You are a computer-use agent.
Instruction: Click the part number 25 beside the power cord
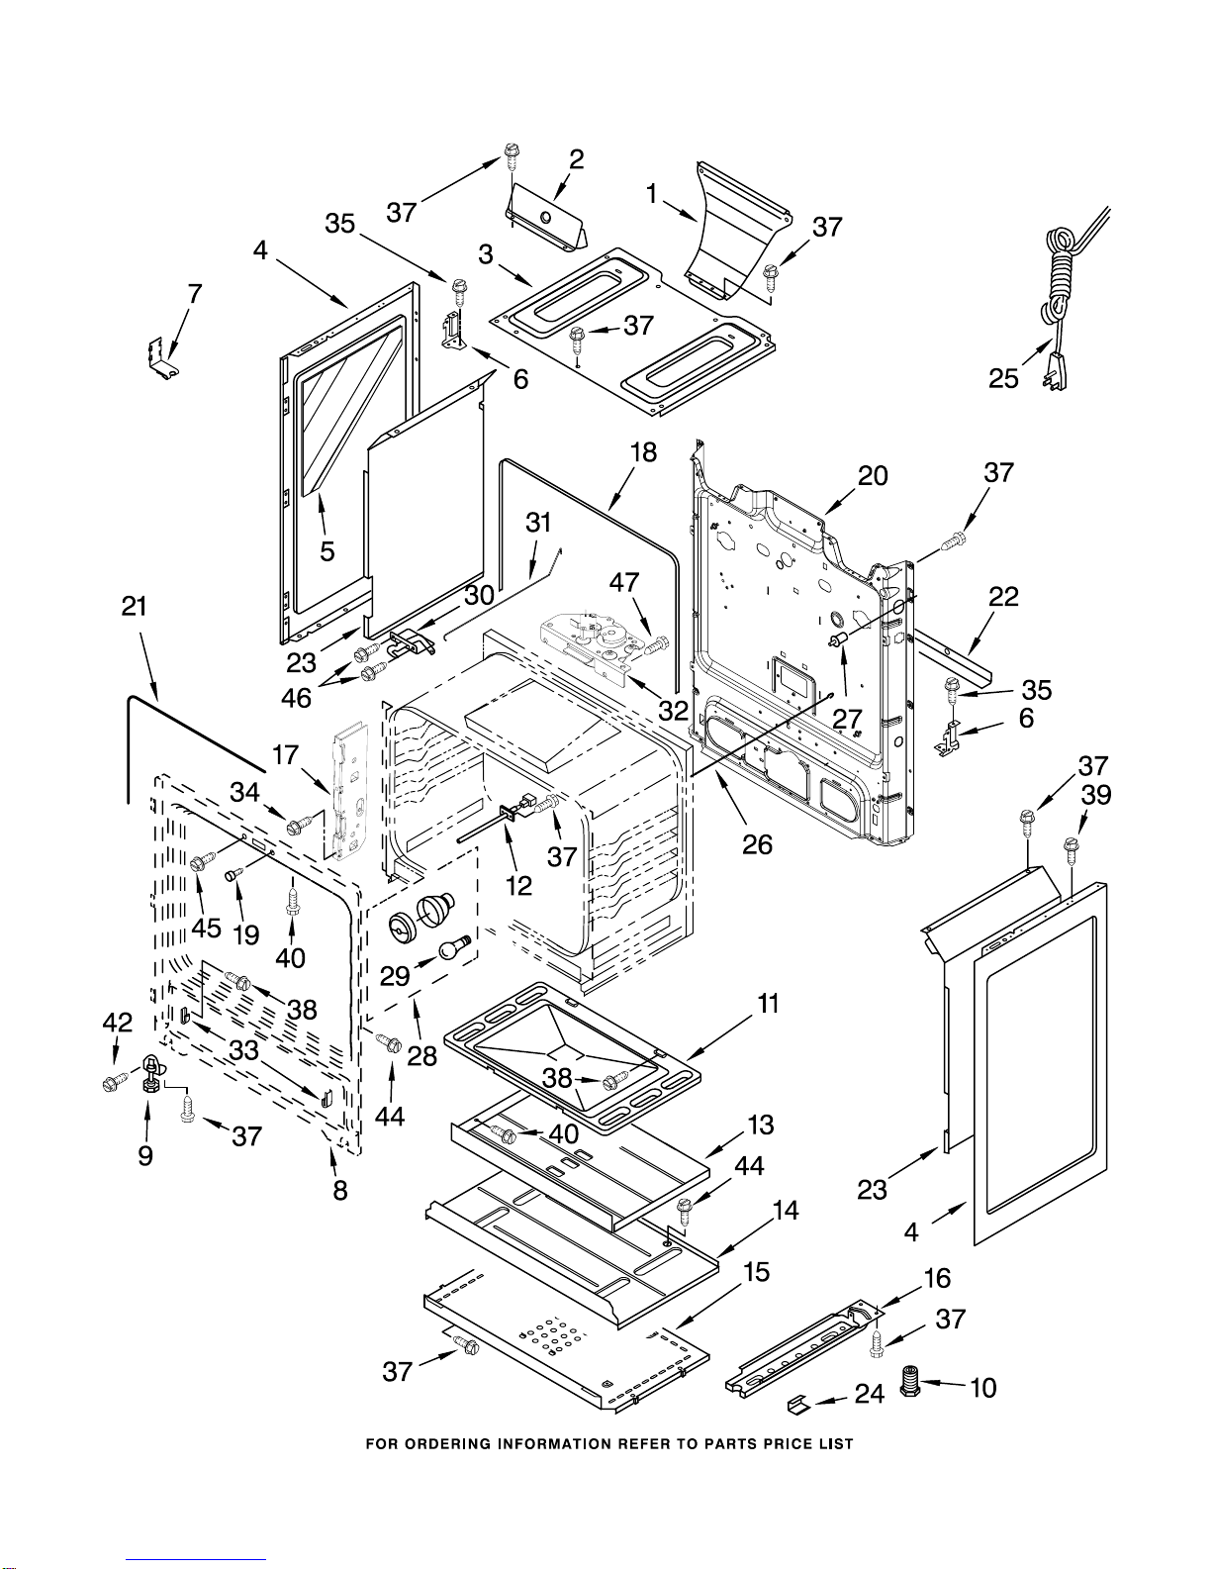(x=1003, y=378)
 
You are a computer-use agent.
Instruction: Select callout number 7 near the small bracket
(x=194, y=294)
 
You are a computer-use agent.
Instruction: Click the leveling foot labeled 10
(x=910, y=1381)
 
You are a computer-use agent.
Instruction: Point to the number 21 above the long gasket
(x=135, y=607)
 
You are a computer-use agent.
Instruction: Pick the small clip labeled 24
(x=800, y=1405)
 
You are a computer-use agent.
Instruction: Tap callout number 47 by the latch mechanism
(x=624, y=582)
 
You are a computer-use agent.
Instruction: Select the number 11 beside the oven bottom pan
(x=768, y=1003)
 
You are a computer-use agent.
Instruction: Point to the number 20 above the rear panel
(x=873, y=476)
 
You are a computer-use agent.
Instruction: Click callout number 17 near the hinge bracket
(x=285, y=755)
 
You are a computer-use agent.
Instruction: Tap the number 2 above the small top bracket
(x=577, y=159)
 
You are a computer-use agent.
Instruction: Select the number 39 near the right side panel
(x=1096, y=795)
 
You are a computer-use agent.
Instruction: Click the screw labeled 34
(x=300, y=825)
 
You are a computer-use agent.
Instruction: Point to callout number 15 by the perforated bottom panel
(x=755, y=1272)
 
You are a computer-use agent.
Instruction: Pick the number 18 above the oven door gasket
(x=643, y=452)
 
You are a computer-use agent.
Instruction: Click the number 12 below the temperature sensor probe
(x=518, y=885)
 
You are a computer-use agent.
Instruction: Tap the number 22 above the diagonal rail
(x=1003, y=596)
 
